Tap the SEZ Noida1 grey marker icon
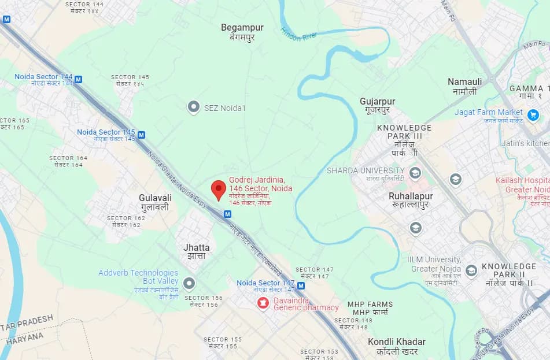pos(194,107)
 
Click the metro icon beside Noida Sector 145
pos(141,135)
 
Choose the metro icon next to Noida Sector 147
pos(301,285)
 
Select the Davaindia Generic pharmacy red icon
pos(263,302)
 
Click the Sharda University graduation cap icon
pos(415,172)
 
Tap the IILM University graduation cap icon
pos(471,270)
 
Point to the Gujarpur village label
pos(378,102)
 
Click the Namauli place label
pos(464,82)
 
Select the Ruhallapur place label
pos(411,196)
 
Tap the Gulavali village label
pos(155,198)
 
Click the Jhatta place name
pos(197,248)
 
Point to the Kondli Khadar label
pos(397,342)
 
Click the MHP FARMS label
pos(370,304)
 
